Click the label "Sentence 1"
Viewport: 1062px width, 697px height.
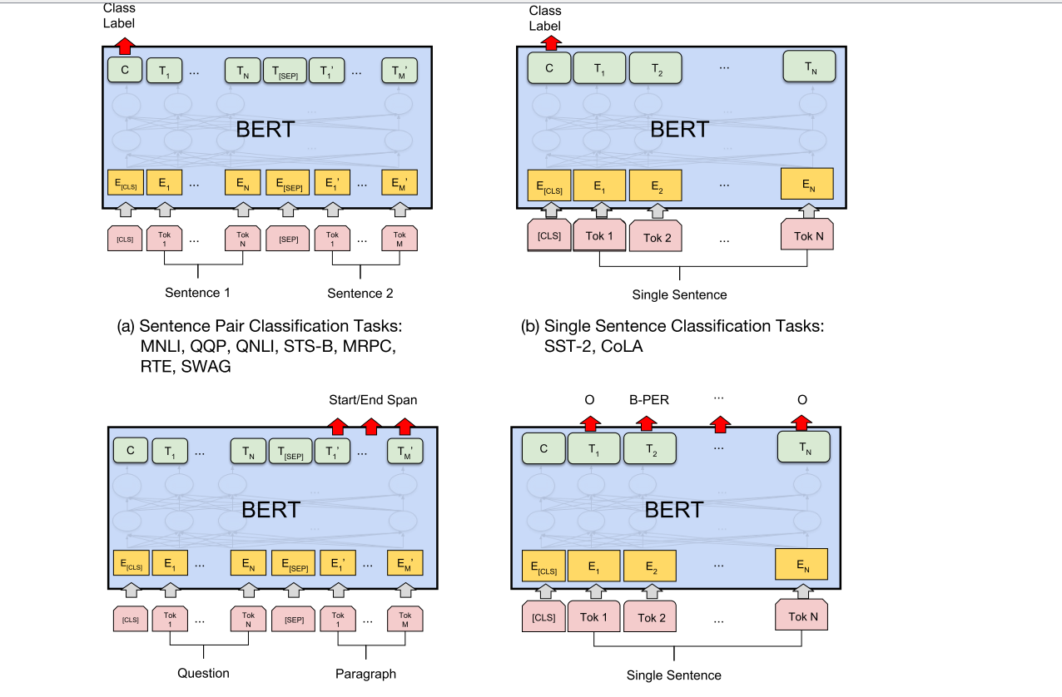197,293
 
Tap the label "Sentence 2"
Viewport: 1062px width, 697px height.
360,293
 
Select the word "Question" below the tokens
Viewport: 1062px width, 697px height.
203,673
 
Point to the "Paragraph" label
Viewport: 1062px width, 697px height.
365,673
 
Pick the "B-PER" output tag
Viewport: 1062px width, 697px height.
648,400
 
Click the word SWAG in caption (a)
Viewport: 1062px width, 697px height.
207,366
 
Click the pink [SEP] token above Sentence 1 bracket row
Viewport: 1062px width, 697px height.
289,239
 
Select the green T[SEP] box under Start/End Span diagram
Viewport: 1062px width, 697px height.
292,452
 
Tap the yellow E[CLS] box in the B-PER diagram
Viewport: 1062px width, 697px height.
543,567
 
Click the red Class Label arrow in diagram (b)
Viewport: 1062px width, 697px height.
549,41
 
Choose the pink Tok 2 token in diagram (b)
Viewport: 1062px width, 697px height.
657,237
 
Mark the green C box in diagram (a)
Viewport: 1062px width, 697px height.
125,71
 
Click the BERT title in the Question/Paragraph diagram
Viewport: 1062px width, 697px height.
270,509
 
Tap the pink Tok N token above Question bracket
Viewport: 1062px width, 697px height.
248,620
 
